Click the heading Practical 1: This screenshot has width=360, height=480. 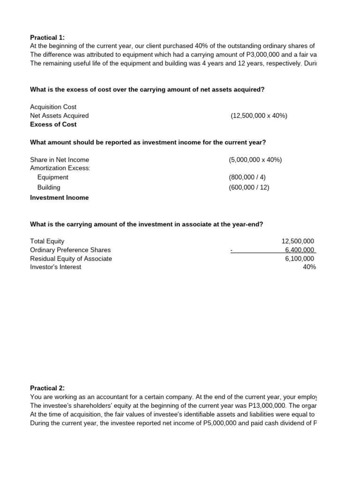[48, 37]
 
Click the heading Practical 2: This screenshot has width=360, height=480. [48, 388]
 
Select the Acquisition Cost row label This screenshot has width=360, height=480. [53, 107]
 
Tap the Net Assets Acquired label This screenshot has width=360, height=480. [59, 116]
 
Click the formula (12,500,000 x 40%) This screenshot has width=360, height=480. [259, 116]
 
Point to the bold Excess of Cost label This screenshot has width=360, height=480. [53, 124]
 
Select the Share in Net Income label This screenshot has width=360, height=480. [59, 160]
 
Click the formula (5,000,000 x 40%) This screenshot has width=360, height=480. [255, 160]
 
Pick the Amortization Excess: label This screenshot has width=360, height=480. [60, 168]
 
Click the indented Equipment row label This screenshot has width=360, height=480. [52, 177]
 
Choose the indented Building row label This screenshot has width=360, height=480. [49, 187]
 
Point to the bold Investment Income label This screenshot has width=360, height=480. [59, 198]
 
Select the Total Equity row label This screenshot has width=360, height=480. [47, 241]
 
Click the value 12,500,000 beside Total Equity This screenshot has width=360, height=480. [298, 241]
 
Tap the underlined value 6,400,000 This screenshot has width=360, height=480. [300, 250]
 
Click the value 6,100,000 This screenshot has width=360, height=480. [300, 258]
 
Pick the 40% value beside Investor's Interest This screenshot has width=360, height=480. [309, 267]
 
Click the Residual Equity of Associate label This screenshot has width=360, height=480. [71, 258]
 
